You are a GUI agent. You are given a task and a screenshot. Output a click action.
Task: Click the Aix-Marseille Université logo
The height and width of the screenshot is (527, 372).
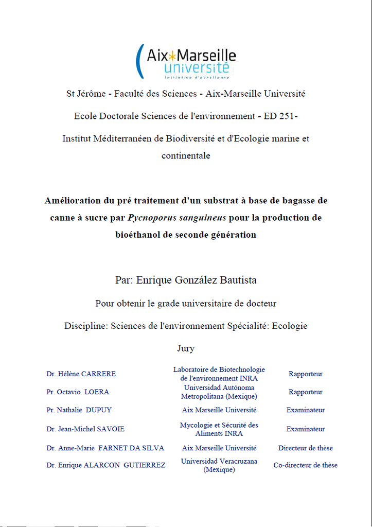186,61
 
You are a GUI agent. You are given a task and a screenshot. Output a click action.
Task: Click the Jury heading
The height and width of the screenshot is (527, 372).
186,348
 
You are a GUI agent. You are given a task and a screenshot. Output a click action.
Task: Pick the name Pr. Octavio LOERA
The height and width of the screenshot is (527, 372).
78,392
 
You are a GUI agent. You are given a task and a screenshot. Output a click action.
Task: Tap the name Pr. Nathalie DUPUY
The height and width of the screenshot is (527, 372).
79,410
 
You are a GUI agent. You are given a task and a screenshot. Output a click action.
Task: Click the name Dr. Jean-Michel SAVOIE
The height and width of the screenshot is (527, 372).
85,429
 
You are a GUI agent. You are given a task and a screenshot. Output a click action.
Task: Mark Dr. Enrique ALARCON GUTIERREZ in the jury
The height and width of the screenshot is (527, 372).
105,465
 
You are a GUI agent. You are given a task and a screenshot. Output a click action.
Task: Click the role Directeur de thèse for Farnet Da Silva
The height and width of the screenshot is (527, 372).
306,448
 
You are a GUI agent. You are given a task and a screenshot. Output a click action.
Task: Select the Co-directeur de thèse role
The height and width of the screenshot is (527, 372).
306,465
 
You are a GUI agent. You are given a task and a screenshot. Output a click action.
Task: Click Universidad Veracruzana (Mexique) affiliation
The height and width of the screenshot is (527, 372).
219,466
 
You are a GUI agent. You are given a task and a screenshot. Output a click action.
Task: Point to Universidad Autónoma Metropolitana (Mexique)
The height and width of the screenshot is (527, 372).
219,392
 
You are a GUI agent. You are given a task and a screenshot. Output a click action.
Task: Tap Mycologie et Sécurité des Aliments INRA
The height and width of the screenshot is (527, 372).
219,429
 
